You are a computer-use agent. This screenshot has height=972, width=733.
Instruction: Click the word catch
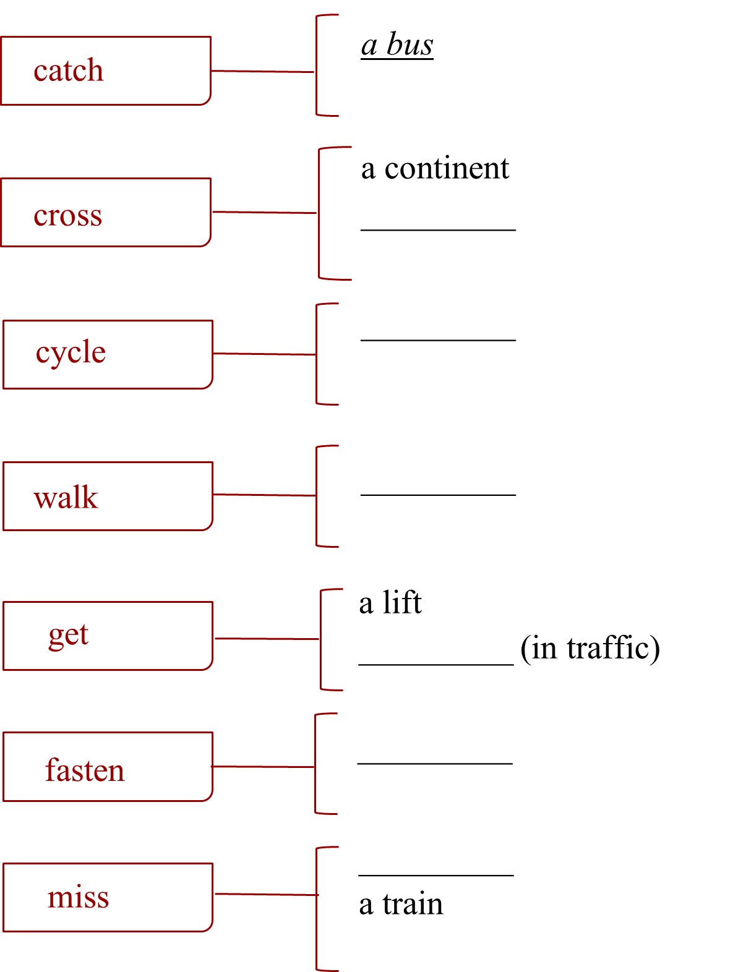point(69,70)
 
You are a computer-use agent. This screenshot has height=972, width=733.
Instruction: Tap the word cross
point(68,216)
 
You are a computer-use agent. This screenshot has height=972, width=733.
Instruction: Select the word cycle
point(71,352)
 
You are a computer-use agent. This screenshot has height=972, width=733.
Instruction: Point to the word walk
point(66,498)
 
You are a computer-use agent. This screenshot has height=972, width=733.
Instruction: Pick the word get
point(69,635)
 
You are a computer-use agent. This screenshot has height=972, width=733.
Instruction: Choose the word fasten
point(85,770)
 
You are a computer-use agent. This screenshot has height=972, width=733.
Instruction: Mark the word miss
point(78,897)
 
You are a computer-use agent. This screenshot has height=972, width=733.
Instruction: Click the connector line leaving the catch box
point(263,72)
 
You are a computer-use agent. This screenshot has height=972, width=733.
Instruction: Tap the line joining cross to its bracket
point(264,213)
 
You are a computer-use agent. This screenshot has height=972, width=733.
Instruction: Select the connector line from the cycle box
point(264,354)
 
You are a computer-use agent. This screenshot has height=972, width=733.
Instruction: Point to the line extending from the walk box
point(264,495)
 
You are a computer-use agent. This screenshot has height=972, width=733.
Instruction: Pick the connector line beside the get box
point(267,639)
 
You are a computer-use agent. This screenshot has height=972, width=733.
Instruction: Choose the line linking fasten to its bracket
point(263,767)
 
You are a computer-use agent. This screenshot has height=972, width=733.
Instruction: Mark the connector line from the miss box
point(265,894)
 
